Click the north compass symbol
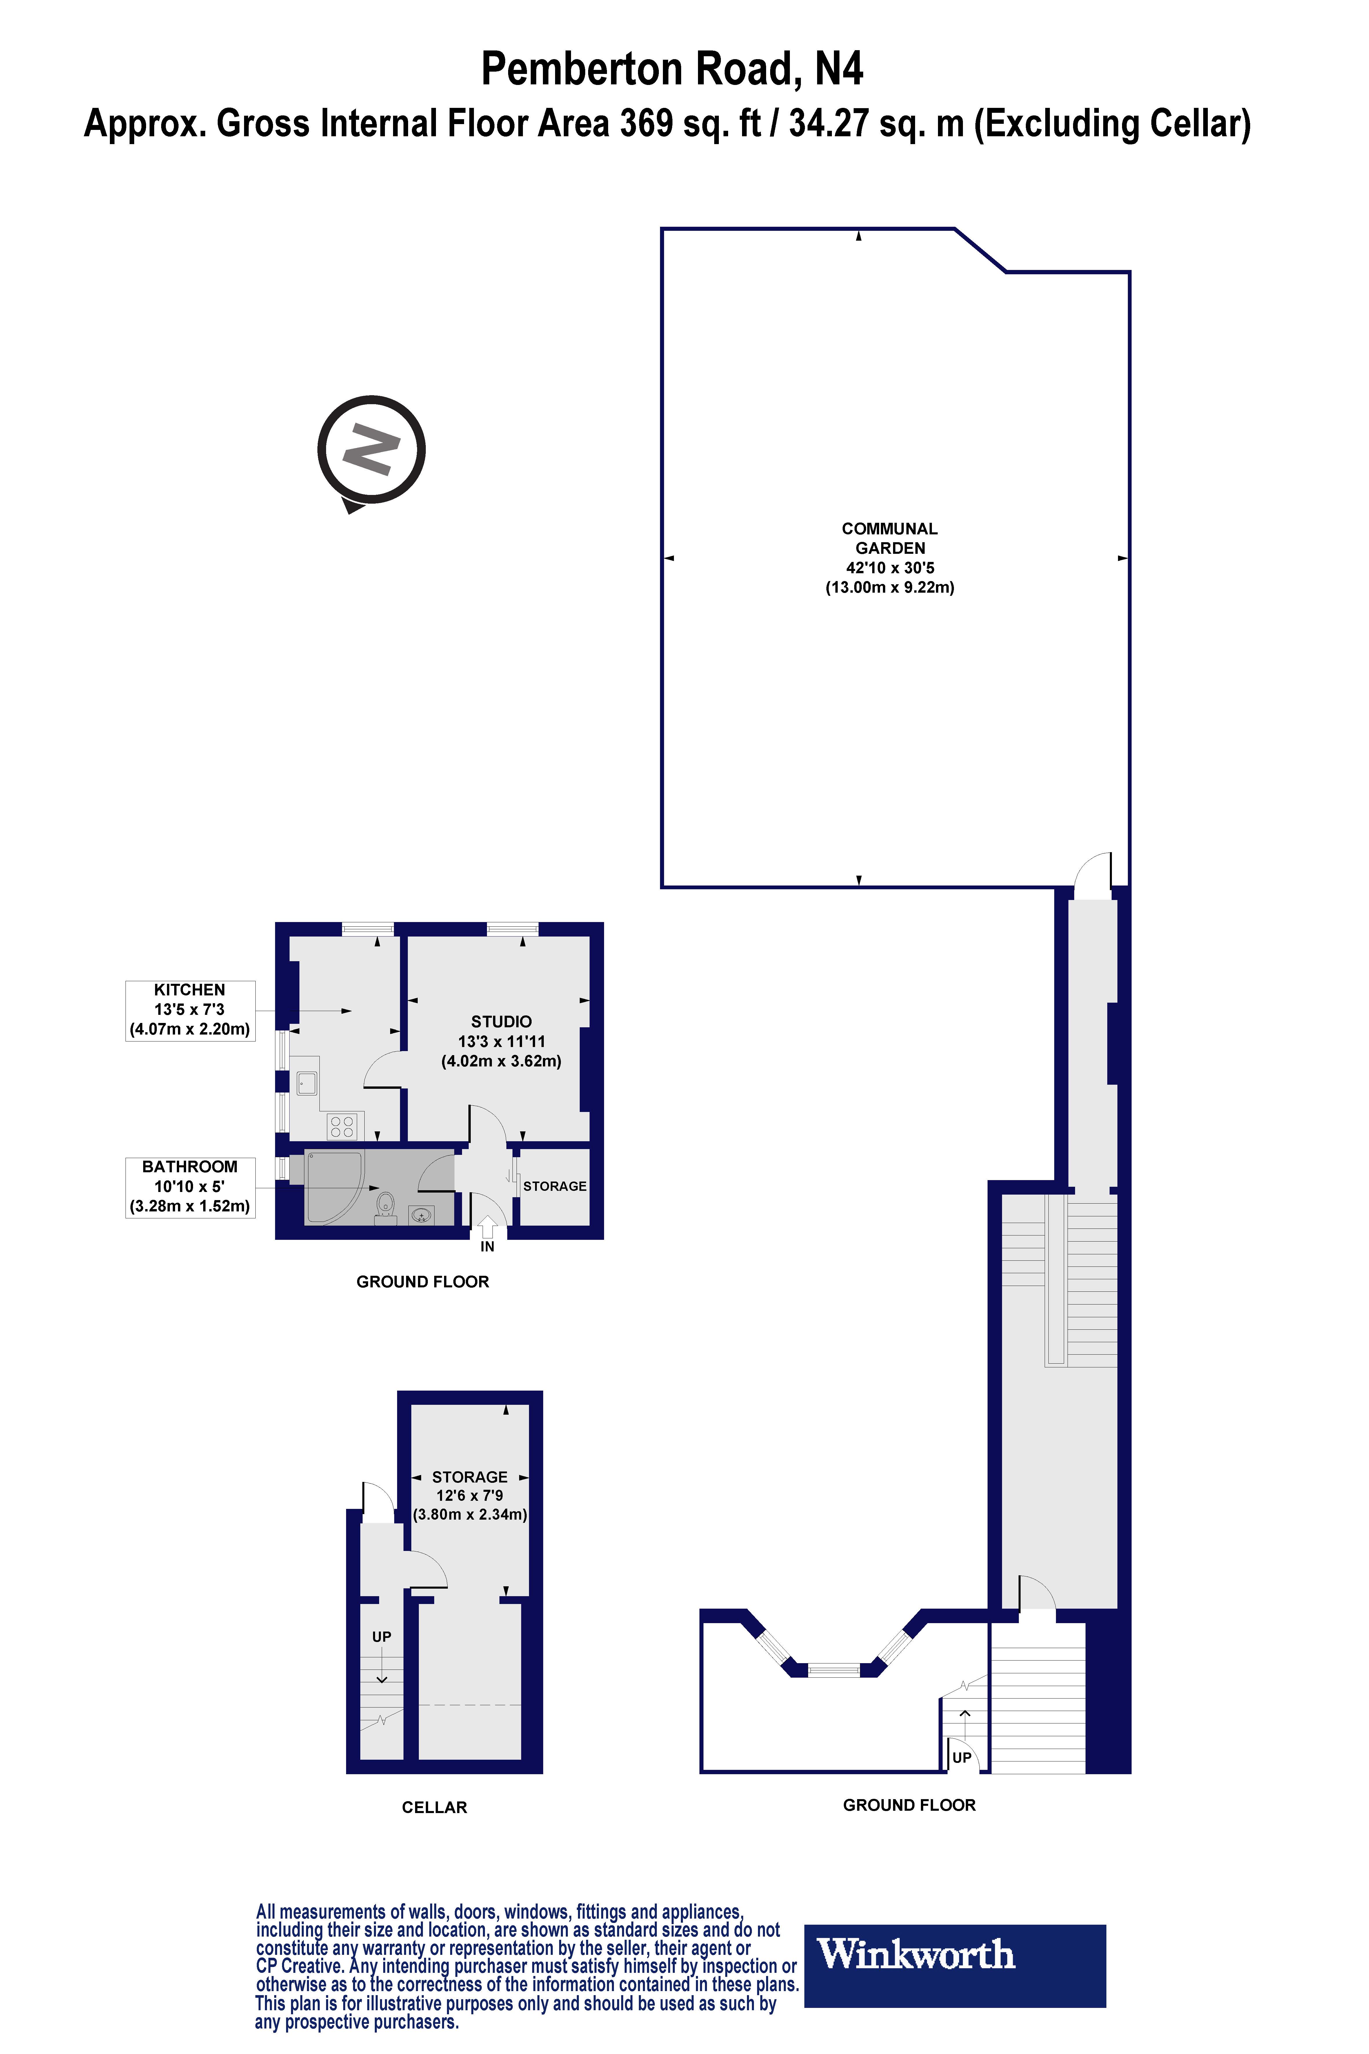coord(371,451)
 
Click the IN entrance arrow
coord(487,1227)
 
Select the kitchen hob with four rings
coord(341,1126)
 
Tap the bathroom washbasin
coord(422,1214)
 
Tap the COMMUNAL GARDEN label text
coord(890,539)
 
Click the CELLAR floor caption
coord(434,1808)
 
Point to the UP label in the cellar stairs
coord(381,1636)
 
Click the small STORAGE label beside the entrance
coord(554,1186)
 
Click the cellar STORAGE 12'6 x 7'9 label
coord(470,1495)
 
